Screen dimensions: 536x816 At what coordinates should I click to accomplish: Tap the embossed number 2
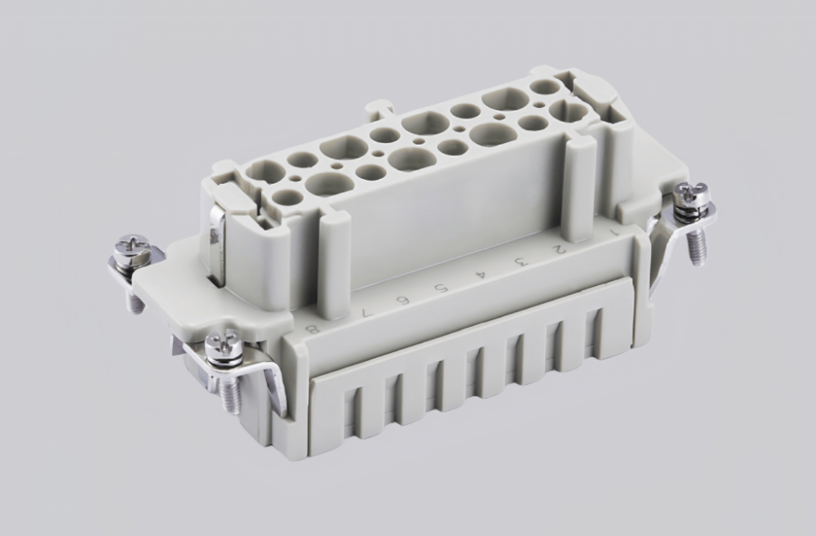click(559, 247)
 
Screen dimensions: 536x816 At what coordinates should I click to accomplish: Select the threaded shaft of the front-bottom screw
click(229, 397)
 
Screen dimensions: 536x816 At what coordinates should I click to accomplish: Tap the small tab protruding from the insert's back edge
click(381, 108)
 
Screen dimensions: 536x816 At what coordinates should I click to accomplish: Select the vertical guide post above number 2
click(579, 188)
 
